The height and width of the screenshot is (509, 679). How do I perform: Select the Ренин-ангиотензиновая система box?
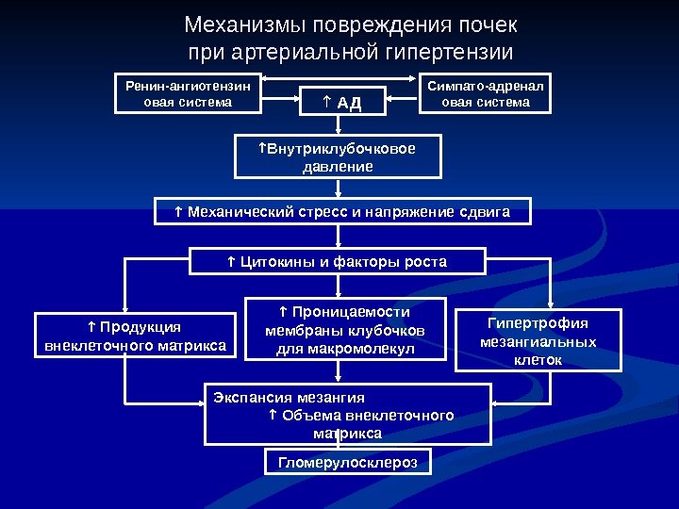point(189,93)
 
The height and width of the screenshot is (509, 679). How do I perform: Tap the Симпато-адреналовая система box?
point(486,93)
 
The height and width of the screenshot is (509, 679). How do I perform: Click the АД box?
point(341,102)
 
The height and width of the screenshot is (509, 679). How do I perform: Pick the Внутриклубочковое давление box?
point(338,157)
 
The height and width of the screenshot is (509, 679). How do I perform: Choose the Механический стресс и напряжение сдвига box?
point(342,212)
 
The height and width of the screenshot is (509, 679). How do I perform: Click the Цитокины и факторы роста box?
point(338,261)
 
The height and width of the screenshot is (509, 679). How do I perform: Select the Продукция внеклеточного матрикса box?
point(136,337)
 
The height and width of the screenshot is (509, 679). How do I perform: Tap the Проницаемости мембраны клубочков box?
point(344,329)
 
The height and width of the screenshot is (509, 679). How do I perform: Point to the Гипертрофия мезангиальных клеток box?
point(538,339)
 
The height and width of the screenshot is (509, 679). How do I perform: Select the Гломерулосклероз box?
point(348,462)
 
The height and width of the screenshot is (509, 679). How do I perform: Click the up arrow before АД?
point(325,102)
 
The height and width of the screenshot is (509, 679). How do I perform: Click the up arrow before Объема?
point(273,416)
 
